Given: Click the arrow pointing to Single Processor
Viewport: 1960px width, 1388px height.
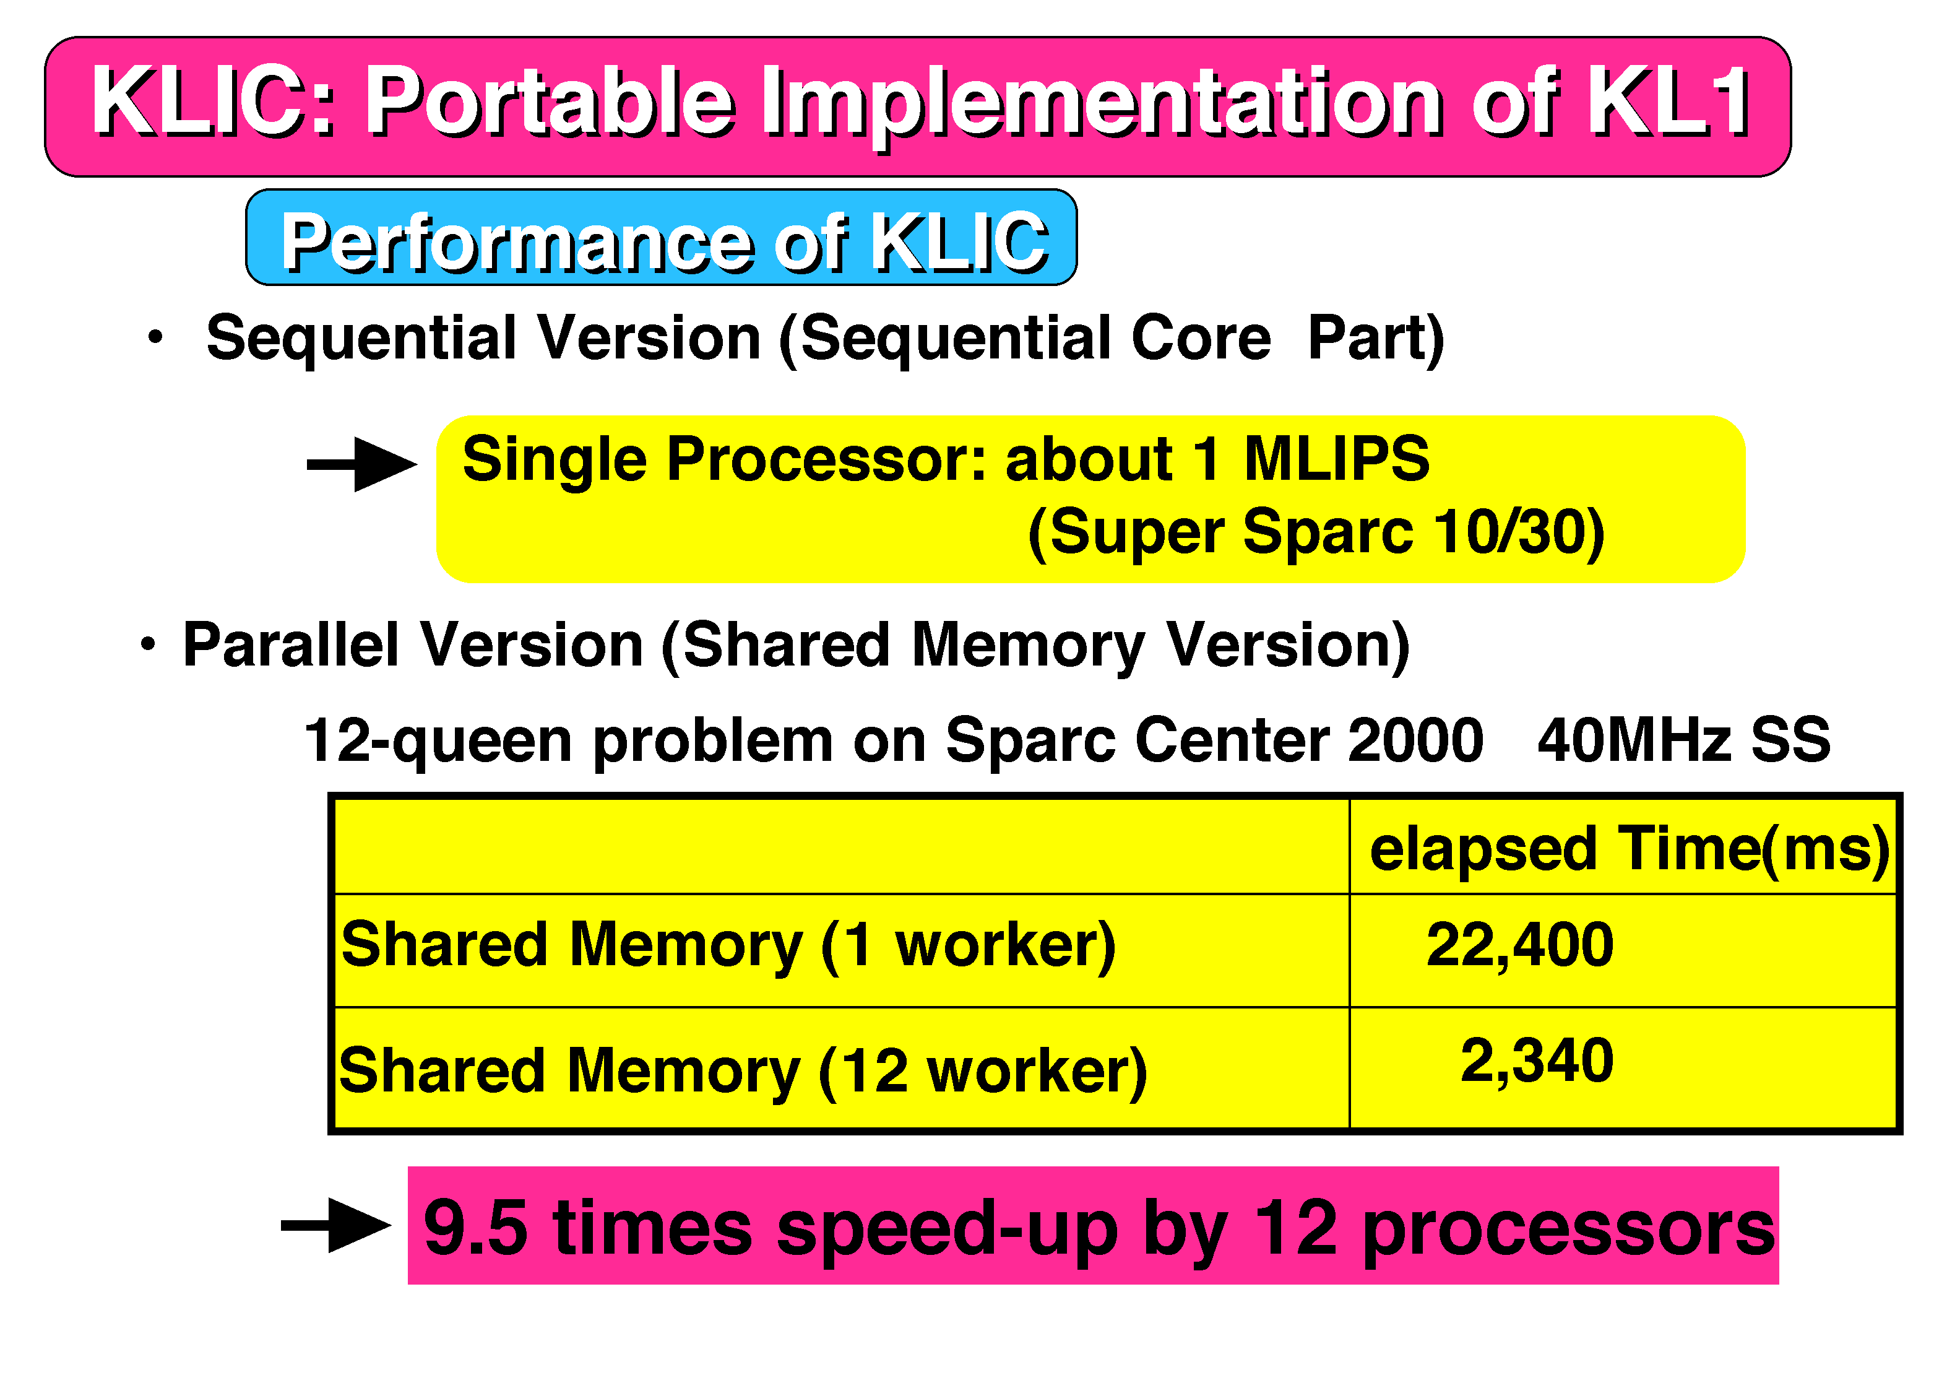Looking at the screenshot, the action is tap(361, 465).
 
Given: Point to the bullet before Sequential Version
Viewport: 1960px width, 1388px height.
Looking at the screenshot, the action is tap(155, 337).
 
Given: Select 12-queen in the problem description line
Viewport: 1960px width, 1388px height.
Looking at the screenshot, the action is tap(438, 740).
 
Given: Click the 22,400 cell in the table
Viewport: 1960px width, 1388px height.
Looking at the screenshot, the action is tap(1520, 945).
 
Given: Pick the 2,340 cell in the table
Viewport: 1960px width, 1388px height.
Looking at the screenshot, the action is tap(1537, 1061).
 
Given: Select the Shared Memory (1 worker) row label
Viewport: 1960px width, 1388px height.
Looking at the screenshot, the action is tap(728, 946).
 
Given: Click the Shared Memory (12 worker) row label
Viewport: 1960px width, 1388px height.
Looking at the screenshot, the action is tap(743, 1072).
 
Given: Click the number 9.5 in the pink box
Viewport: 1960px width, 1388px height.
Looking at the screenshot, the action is tap(475, 1228).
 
